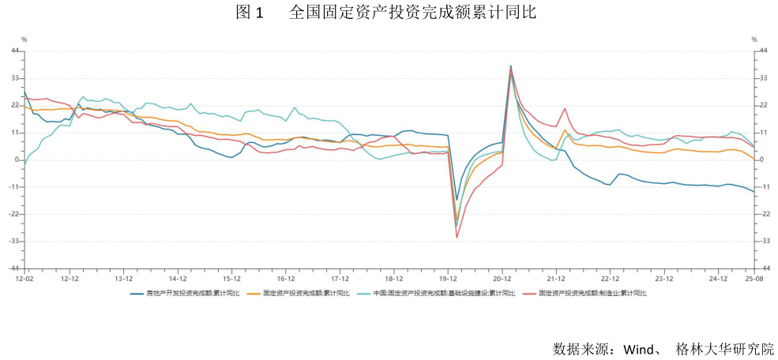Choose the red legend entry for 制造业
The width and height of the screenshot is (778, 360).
592,293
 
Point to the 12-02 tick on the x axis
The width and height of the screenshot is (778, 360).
24,279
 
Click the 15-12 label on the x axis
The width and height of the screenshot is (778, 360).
231,279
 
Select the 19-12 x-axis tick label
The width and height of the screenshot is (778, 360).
448,279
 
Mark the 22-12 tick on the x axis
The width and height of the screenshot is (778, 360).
610,279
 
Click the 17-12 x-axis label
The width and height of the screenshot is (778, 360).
340,279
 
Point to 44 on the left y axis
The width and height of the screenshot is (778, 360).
14,51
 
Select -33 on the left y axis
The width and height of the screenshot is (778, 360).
13,241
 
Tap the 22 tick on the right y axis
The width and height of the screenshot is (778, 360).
762,105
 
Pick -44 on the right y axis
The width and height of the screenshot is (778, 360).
764,268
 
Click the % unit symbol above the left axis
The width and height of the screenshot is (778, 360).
24,39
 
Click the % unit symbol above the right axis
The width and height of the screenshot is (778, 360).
754,39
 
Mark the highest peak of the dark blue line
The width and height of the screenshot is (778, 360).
510,66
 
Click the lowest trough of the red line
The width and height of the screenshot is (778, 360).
457,237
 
